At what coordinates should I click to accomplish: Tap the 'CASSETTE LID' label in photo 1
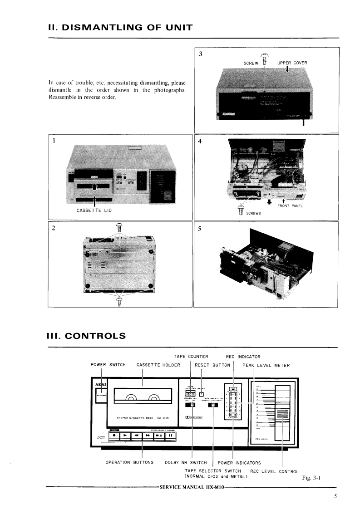94,210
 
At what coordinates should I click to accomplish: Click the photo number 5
199,228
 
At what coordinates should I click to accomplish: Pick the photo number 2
54,228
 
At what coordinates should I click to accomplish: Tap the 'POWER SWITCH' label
108,365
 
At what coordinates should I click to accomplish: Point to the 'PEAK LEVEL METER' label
266,365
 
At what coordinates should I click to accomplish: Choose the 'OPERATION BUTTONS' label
129,463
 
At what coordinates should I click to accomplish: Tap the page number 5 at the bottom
335,496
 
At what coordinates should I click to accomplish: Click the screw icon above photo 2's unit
119,227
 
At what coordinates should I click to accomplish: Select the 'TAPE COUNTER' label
191,357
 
